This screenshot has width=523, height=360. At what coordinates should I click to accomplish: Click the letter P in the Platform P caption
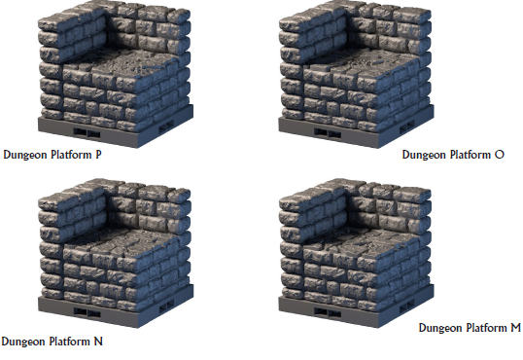click(98, 155)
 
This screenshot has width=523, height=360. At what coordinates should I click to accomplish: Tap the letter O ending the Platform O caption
click(500, 155)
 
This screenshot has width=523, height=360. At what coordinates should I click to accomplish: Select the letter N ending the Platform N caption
click(98, 342)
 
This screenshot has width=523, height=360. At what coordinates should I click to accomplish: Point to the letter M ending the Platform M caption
click(515, 328)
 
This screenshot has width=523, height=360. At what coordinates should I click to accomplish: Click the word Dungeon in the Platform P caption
click(25, 156)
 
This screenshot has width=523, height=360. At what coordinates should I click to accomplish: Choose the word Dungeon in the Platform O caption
click(424, 156)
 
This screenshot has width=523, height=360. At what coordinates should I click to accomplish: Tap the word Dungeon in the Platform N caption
click(23, 342)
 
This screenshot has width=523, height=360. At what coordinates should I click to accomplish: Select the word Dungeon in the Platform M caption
click(440, 328)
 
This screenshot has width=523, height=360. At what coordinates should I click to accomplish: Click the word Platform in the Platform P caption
click(71, 155)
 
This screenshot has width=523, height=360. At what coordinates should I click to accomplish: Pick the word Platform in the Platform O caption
click(470, 155)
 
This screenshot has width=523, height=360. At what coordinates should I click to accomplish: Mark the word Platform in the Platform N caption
click(69, 342)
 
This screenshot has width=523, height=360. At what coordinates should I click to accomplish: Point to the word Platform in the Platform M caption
click(486, 328)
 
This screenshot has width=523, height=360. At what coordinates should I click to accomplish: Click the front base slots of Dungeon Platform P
click(87, 133)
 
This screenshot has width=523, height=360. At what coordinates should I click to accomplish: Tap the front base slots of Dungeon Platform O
click(328, 133)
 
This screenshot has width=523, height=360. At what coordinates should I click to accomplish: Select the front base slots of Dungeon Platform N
click(87, 312)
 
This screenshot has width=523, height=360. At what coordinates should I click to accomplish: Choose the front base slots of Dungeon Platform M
click(328, 312)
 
